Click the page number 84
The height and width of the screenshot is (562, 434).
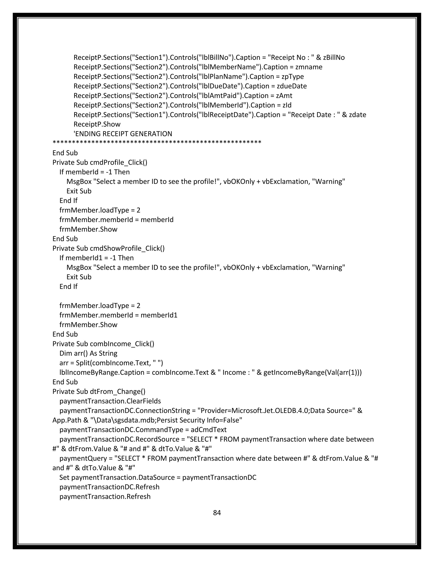pyautogui.click(x=217, y=513)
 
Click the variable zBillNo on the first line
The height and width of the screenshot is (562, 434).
pyautogui.click(x=334, y=57)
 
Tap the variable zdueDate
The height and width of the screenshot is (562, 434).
pyautogui.click(x=292, y=86)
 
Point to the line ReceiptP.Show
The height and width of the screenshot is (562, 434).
pyautogui.click(x=97, y=124)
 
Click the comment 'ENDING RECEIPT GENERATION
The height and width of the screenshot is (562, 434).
pyautogui.click(x=123, y=134)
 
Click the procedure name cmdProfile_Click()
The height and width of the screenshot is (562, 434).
pyautogui.click(x=118, y=162)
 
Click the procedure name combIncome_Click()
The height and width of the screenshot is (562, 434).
pyautogui.click(x=122, y=344)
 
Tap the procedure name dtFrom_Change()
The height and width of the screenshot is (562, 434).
pyautogui.click(x=117, y=391)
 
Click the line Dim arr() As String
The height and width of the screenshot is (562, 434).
pyautogui.click(x=88, y=353)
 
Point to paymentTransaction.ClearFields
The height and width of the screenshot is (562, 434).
pyautogui.click(x=110, y=401)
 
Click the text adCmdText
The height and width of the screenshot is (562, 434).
pyautogui.click(x=209, y=429)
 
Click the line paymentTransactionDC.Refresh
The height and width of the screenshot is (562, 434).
pyautogui.click(x=109, y=487)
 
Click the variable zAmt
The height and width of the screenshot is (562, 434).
pyautogui.click(x=284, y=96)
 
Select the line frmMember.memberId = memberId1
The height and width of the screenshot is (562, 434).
pyautogui.click(x=118, y=315)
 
